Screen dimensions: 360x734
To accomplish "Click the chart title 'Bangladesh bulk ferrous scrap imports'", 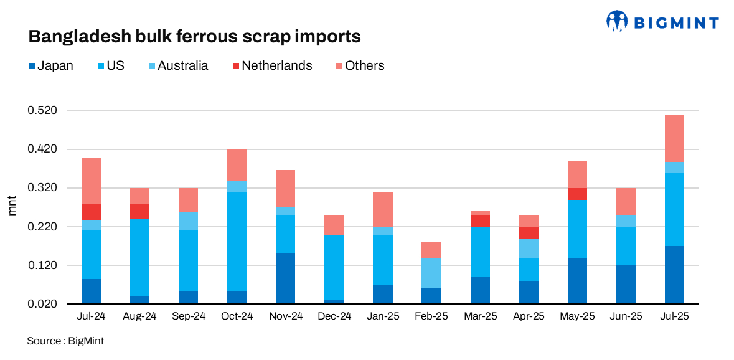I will pos(194,37).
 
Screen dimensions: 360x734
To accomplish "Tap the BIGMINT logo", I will pos(662,22).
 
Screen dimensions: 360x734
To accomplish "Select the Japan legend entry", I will pos(51,65).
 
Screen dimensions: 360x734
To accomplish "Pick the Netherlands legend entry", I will pos(271,65).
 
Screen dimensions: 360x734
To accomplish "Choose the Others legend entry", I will pos(359,65).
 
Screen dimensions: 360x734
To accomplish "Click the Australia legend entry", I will pos(177,65).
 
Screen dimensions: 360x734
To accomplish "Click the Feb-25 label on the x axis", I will pos(431,316).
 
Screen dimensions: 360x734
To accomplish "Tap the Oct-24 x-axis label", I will pos(237,316).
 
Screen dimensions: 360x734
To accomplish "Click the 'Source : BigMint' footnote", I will pos(65,341).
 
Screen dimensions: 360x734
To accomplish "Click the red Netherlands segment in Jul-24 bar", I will pos(91,212).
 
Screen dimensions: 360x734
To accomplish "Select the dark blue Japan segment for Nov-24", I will pos(285,278).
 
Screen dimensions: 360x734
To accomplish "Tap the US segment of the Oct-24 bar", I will pos(237,241).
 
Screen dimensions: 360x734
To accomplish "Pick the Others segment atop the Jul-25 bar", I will pos(674,138).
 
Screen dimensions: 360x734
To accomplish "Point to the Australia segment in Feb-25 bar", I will pos(431,272).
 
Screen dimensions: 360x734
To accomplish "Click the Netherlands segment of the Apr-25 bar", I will pos(528,232).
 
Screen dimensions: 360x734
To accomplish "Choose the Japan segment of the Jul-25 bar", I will pos(674,275).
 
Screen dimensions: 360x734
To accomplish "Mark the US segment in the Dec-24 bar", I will pos(334,267).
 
